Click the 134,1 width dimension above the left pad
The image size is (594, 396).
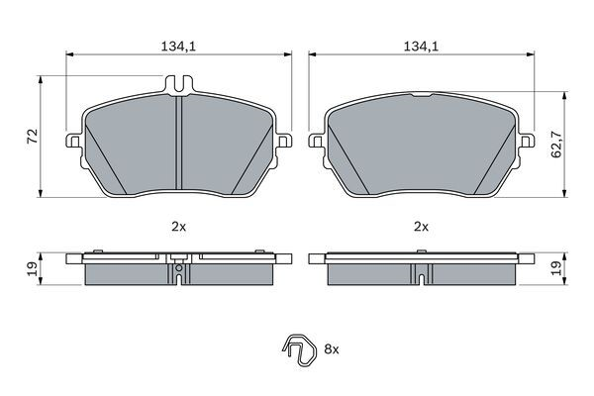(x=178, y=46)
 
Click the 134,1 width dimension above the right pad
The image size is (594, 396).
(x=421, y=46)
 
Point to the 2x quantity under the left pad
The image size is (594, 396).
(x=178, y=227)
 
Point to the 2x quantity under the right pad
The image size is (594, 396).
(x=421, y=227)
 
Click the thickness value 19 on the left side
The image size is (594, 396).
(x=32, y=266)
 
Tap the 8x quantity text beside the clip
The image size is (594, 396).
(x=332, y=349)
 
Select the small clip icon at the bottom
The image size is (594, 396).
(x=295, y=350)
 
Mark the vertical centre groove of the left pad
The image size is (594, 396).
(x=178, y=148)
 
